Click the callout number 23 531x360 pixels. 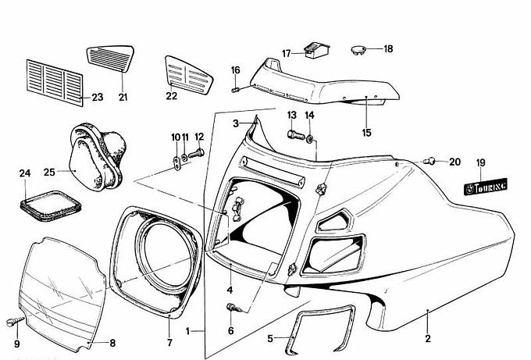(x=97, y=98)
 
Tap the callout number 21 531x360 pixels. (x=123, y=98)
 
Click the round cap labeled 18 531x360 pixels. (x=358, y=49)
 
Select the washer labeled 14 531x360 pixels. (x=312, y=140)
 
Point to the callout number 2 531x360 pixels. (x=427, y=339)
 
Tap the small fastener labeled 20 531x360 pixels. (x=429, y=162)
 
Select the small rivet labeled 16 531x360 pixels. (x=235, y=91)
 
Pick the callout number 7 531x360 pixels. (x=169, y=341)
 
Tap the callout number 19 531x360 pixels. (x=480, y=163)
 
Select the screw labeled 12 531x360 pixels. (x=196, y=153)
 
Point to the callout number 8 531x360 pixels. (x=112, y=341)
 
